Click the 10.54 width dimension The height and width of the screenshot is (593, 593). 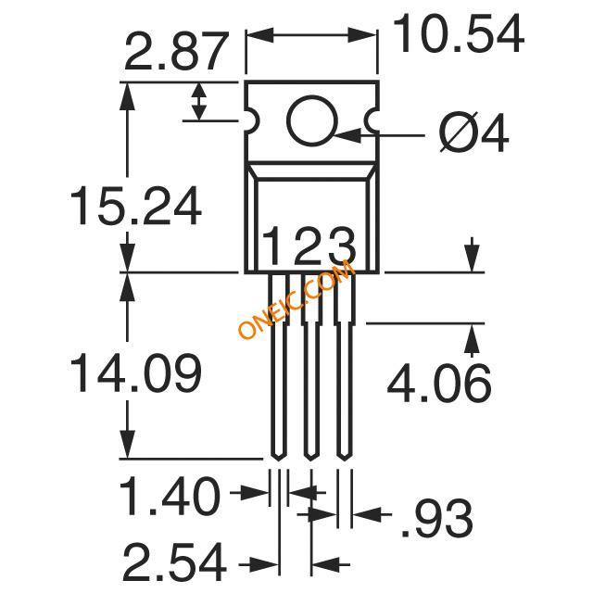click(458, 36)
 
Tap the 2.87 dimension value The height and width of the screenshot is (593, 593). click(177, 55)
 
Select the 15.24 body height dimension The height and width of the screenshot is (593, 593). click(135, 208)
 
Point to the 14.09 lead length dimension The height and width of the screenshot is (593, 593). click(135, 375)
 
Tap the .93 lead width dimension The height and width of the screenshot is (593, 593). click(432, 517)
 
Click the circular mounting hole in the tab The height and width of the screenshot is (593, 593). click(311, 121)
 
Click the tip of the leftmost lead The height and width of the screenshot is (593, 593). click(279, 455)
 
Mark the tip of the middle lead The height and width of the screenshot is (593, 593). click(311, 455)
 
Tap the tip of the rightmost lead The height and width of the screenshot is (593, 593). click(344, 455)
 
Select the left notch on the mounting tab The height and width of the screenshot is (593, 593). click(249, 121)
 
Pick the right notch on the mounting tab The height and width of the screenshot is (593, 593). click(373, 121)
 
